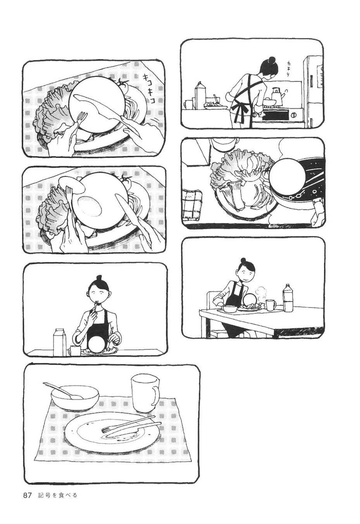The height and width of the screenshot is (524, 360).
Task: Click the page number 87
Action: pyautogui.click(x=27, y=495)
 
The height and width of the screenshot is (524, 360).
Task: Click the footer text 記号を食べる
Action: pyautogui.click(x=58, y=495)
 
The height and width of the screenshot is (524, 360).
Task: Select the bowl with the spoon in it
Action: pyautogui.click(x=75, y=397)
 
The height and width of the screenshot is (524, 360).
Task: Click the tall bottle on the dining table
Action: pyautogui.click(x=288, y=298)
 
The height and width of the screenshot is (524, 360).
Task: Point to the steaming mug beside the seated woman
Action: pyautogui.click(x=270, y=305)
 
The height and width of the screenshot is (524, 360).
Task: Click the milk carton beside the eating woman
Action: pyautogui.click(x=59, y=342)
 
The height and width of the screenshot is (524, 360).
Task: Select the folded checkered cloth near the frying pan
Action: pyautogui.click(x=193, y=204)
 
